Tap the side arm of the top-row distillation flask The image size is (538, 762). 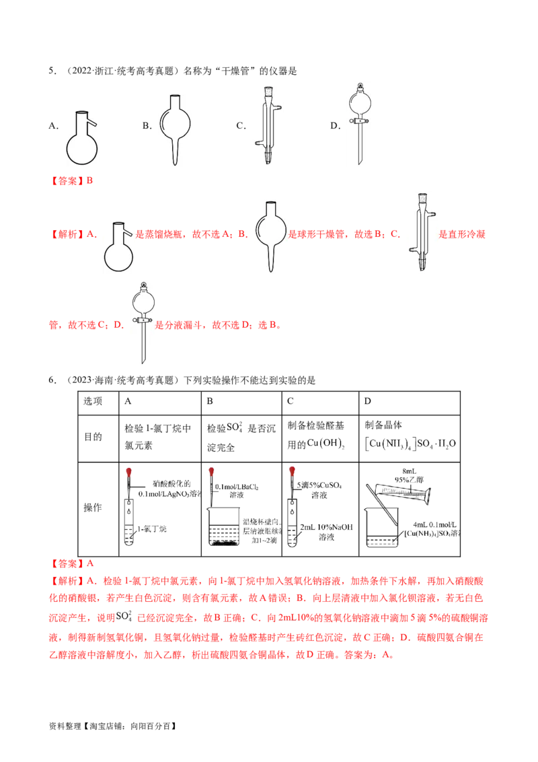(96, 123)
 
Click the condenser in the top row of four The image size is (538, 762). (266, 124)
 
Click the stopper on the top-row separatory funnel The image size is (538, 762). (358, 86)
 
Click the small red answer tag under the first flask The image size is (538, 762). (72, 181)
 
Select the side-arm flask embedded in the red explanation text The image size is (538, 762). (121, 245)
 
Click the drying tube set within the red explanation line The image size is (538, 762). (271, 234)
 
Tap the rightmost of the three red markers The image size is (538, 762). (292, 471)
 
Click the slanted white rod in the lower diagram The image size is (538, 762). (382, 505)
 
